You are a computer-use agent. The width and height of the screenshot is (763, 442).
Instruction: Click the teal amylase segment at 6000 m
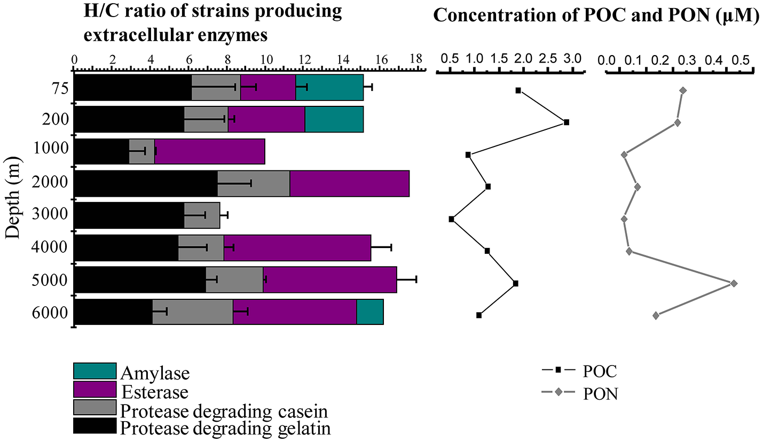[x=369, y=312]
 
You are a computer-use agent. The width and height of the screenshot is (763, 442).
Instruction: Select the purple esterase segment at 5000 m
[x=329, y=280]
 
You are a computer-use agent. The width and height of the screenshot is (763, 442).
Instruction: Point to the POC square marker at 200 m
[x=567, y=122]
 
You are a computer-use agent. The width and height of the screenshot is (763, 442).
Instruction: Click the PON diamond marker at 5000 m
[x=734, y=283]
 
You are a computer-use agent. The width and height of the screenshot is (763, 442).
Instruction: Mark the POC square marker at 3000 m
[x=452, y=219]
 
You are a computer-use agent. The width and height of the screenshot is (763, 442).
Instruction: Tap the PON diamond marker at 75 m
[x=683, y=91]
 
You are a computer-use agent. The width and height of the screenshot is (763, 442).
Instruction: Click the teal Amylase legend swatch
[x=95, y=371]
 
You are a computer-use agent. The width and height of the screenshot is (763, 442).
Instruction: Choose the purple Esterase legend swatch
[x=95, y=390]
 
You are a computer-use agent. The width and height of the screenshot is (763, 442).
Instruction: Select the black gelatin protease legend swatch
[x=95, y=426]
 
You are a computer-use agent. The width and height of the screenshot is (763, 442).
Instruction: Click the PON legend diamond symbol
[x=558, y=393]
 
